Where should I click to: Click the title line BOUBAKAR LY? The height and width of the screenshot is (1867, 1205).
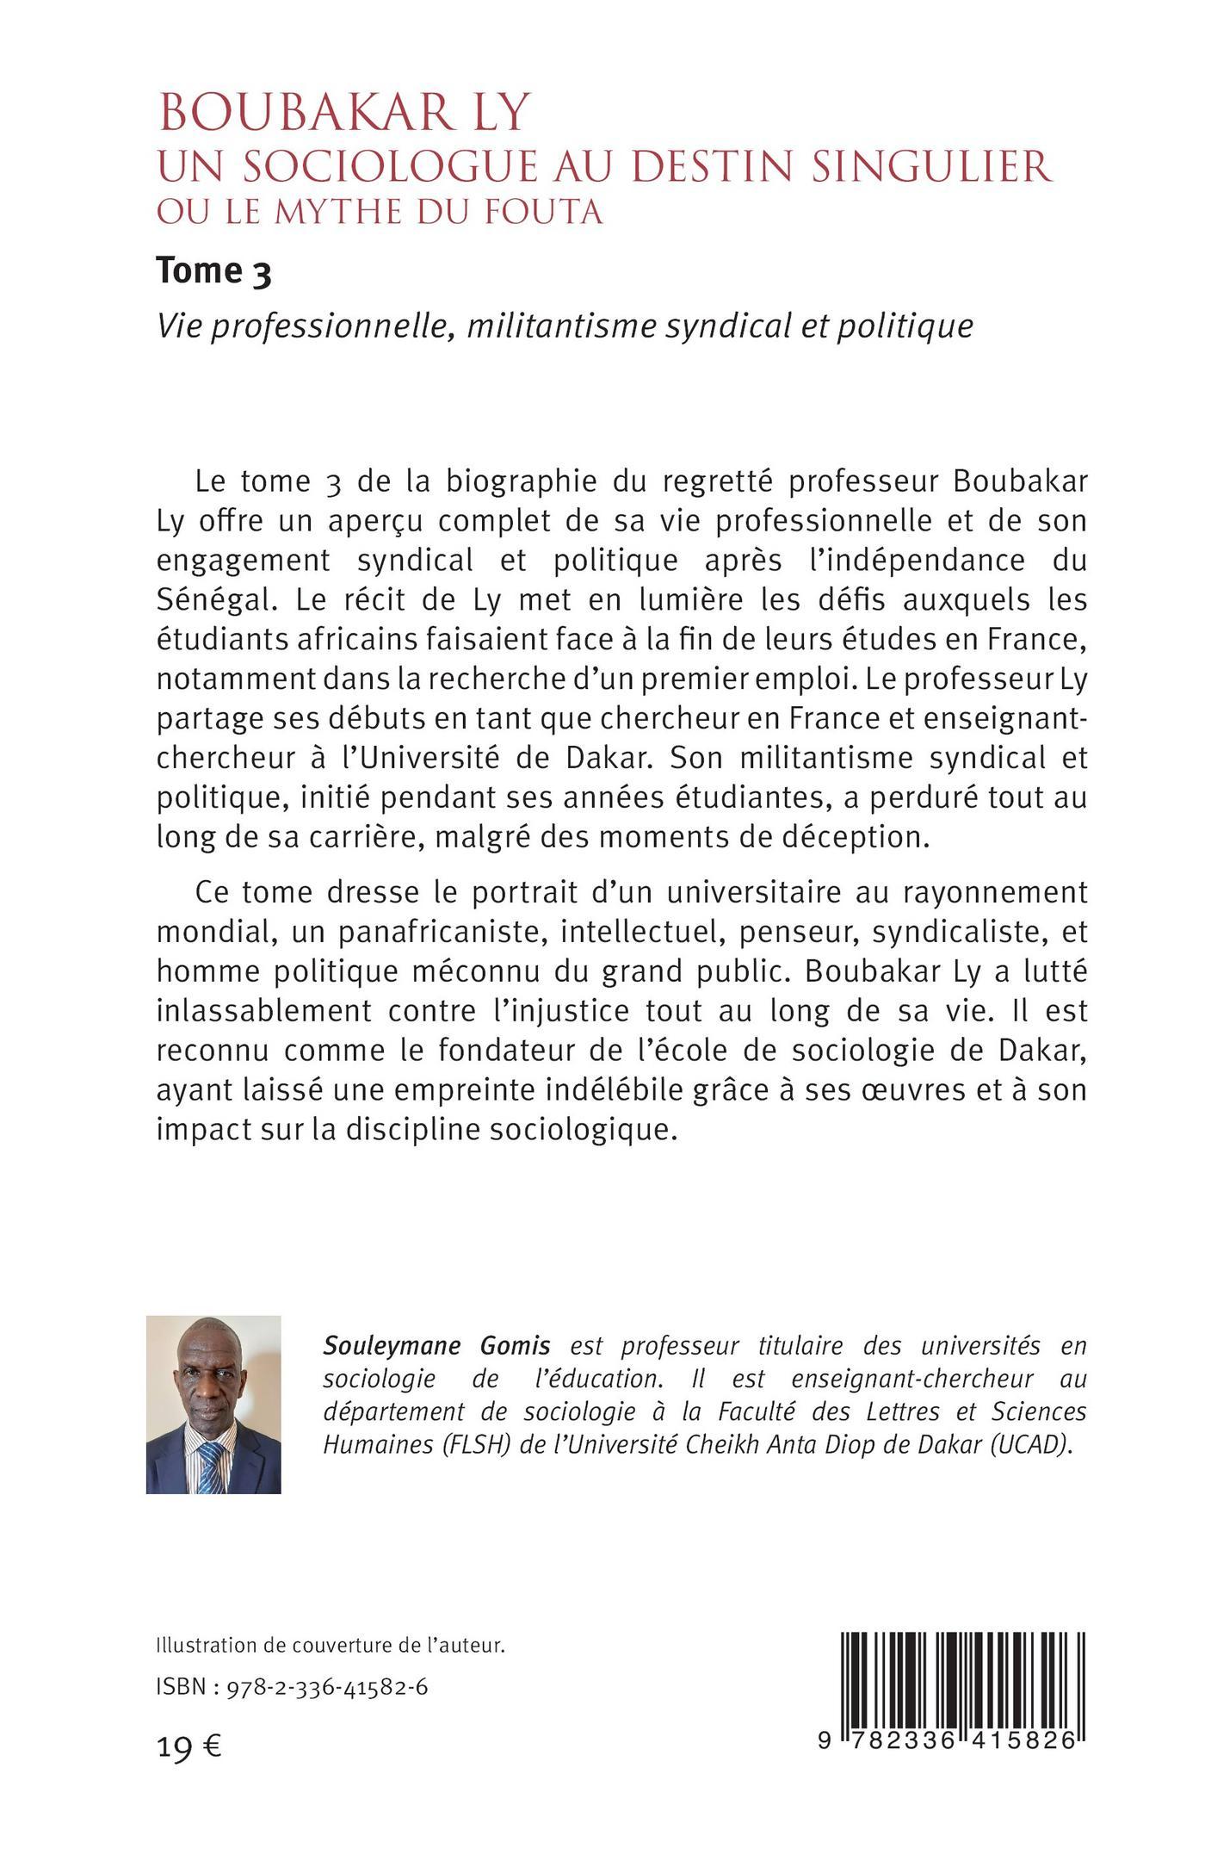click(x=343, y=113)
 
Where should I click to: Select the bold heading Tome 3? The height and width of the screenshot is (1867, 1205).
click(x=213, y=271)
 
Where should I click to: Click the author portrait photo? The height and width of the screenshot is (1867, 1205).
click(x=213, y=1405)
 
